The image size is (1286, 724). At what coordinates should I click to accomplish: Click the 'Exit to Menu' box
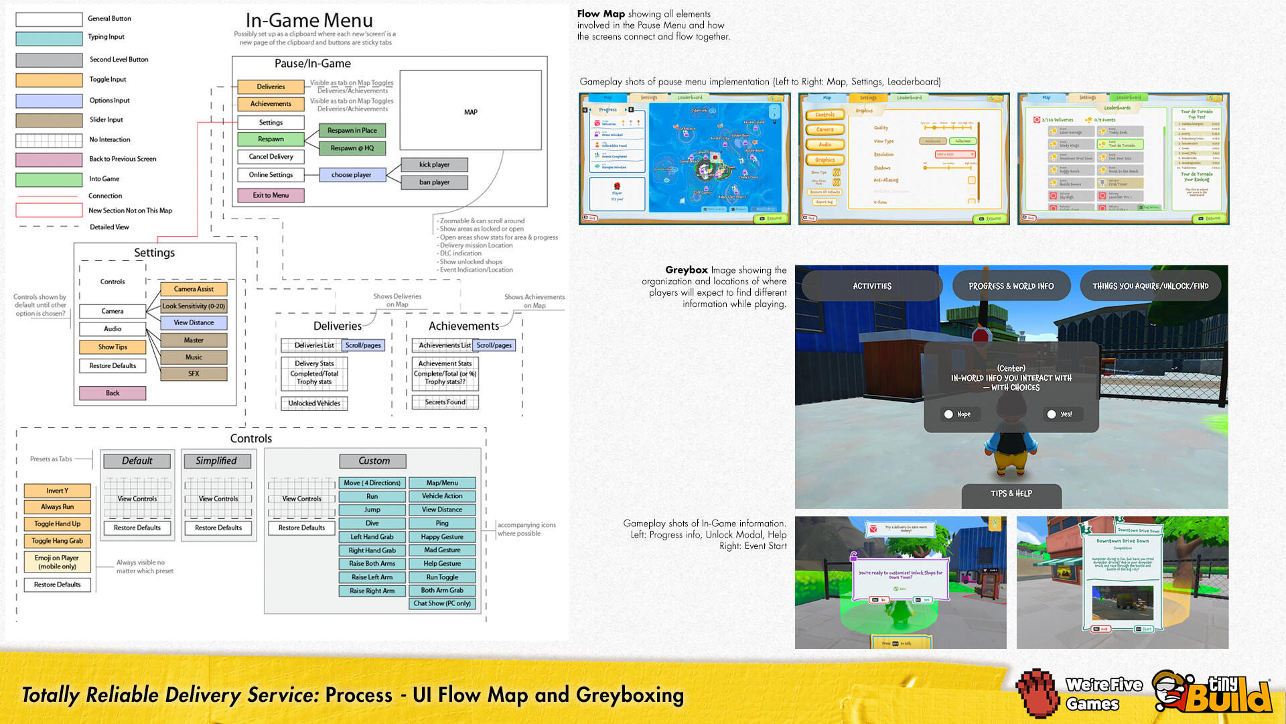(271, 195)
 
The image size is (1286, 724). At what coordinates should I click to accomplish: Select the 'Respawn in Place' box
(352, 131)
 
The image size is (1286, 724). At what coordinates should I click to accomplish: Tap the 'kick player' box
(434, 165)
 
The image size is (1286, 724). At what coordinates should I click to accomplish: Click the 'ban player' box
(434, 182)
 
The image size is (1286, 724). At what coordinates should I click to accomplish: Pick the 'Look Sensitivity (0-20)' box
(194, 306)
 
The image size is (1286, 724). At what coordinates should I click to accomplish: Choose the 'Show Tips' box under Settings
(113, 347)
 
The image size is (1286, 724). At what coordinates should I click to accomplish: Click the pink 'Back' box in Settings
(113, 394)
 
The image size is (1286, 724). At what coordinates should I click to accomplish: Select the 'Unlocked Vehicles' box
(314, 404)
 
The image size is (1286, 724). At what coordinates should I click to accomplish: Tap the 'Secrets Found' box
(445, 402)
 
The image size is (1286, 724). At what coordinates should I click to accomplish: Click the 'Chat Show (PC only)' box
(442, 604)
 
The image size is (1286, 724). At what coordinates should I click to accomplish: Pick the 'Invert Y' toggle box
(57, 491)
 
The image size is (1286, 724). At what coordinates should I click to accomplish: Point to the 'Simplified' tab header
(216, 461)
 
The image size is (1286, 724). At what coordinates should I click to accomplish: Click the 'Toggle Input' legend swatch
(49, 80)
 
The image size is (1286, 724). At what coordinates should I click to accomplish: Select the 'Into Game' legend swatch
(49, 180)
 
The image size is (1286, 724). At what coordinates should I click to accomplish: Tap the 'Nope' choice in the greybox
(957, 414)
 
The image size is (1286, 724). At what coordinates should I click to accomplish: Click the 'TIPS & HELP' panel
(1011, 494)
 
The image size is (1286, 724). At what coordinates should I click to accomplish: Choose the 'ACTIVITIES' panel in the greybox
(872, 286)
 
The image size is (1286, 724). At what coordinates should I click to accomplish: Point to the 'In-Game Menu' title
(309, 21)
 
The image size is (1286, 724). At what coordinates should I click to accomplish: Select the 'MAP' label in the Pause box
(471, 112)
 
